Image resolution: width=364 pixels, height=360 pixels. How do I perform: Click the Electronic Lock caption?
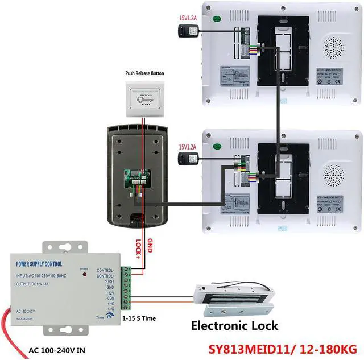pos(234,326)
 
